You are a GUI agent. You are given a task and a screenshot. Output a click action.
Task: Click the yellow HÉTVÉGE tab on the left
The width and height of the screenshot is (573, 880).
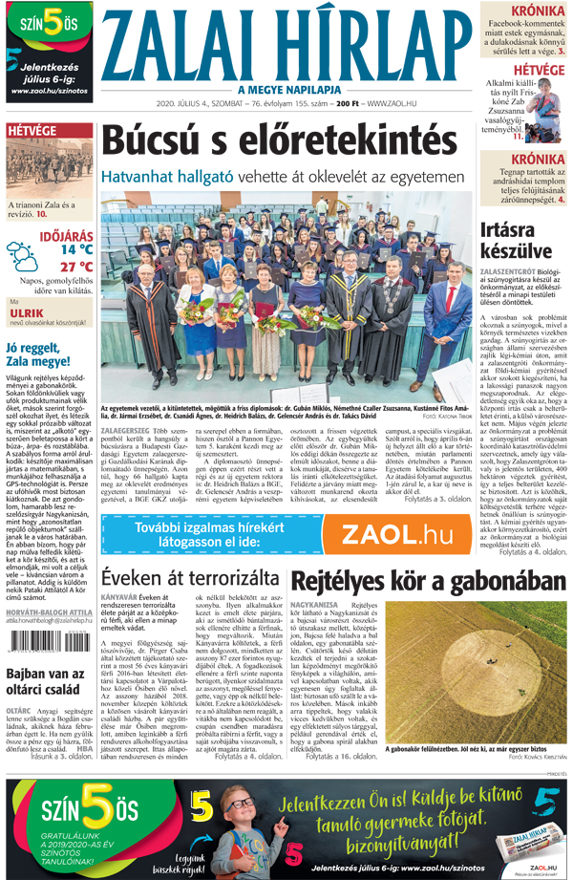pos(32,129)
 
